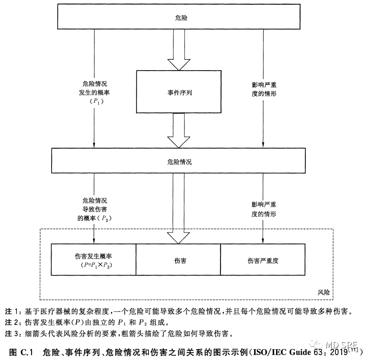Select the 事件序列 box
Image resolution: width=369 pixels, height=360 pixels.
180,92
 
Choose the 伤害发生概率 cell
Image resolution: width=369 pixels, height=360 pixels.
94,259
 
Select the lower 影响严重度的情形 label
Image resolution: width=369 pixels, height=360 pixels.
264,209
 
